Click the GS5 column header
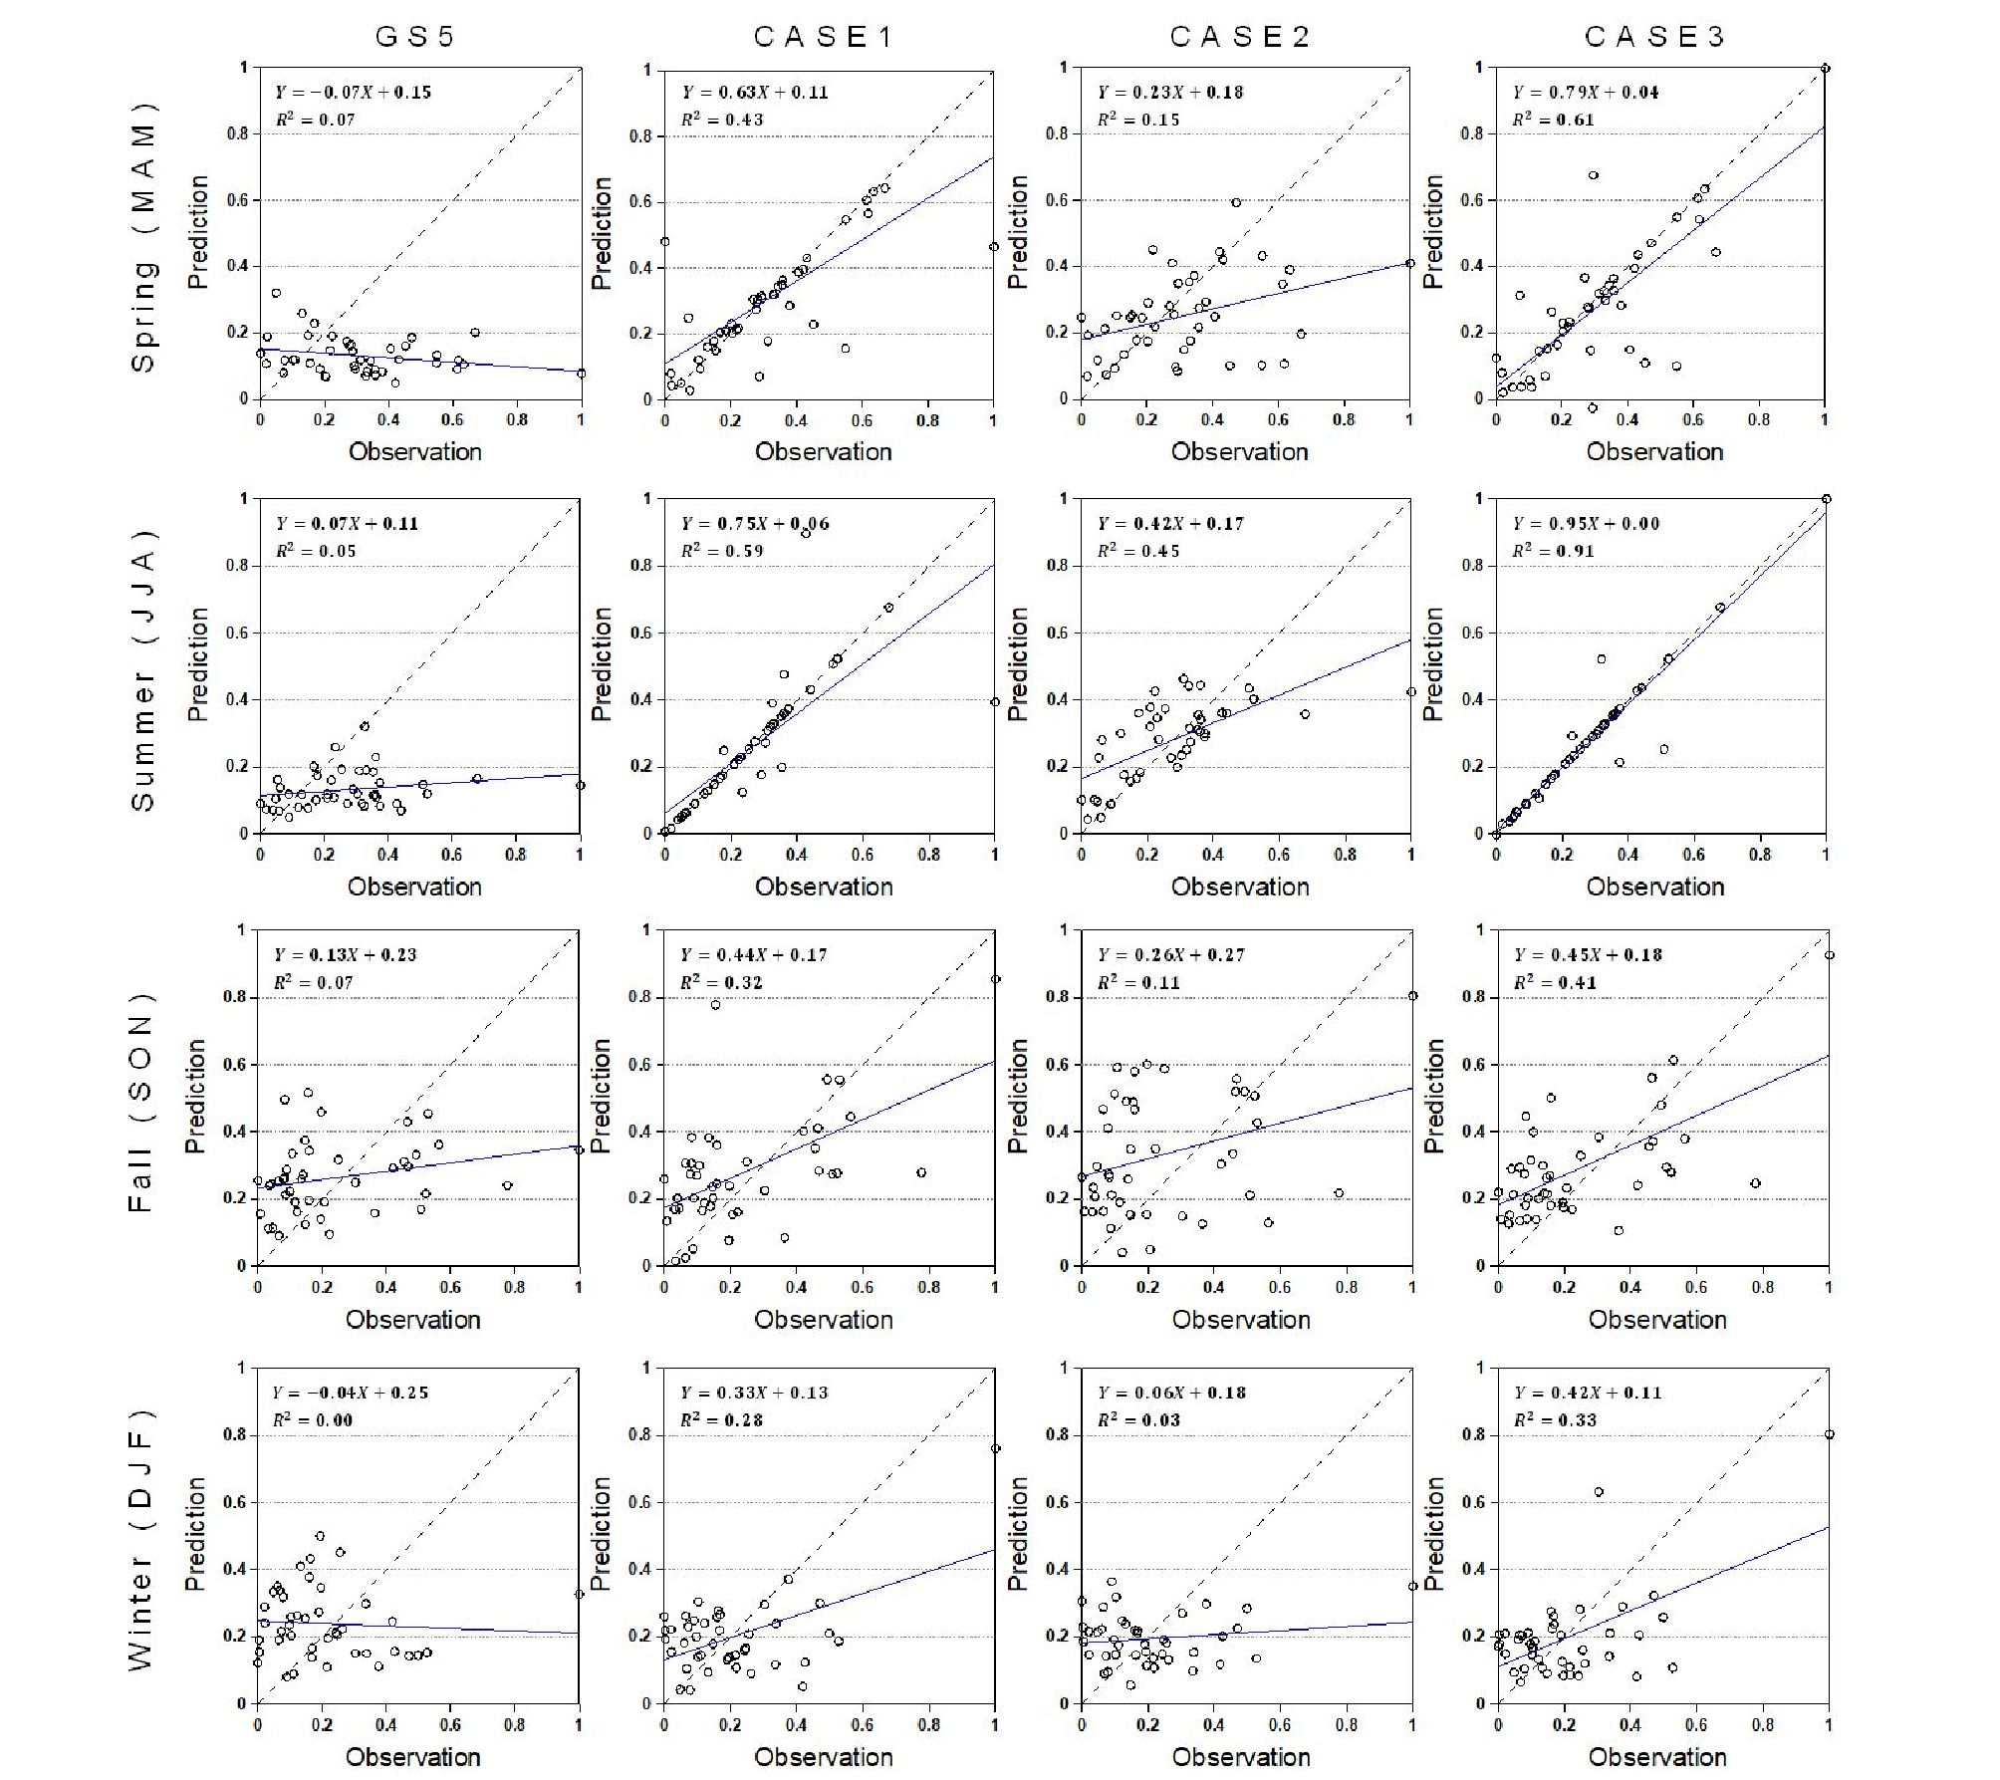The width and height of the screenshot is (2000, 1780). click(414, 37)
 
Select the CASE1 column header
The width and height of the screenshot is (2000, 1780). click(824, 37)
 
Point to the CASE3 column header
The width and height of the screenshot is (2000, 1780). click(1654, 37)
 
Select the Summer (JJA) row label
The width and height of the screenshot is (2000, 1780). click(143, 667)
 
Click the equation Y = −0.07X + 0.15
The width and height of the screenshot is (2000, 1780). click(353, 93)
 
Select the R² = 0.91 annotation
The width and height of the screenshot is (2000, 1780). click(1554, 551)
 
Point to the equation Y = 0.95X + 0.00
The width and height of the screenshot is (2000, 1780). click(1587, 524)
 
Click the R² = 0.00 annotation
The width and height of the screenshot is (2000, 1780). click(313, 1420)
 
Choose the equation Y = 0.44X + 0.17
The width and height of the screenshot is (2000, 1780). click(754, 955)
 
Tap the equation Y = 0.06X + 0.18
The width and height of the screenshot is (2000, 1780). click(1171, 1394)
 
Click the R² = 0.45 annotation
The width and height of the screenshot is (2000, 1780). click(1138, 551)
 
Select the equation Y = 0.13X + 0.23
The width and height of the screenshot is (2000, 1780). click(345, 955)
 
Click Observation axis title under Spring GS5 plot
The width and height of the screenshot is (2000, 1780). click(414, 452)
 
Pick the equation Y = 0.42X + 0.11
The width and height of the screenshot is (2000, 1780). click(1588, 1394)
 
